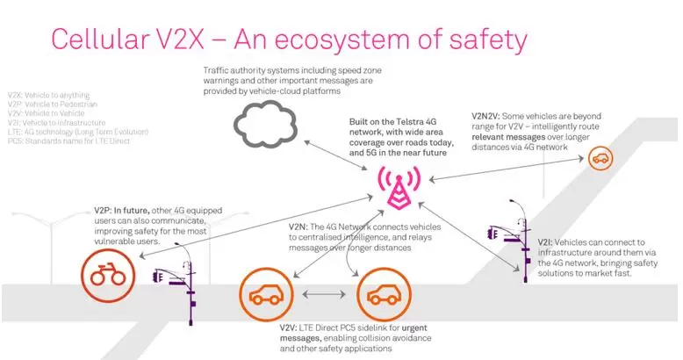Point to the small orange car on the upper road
(x=600, y=158)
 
